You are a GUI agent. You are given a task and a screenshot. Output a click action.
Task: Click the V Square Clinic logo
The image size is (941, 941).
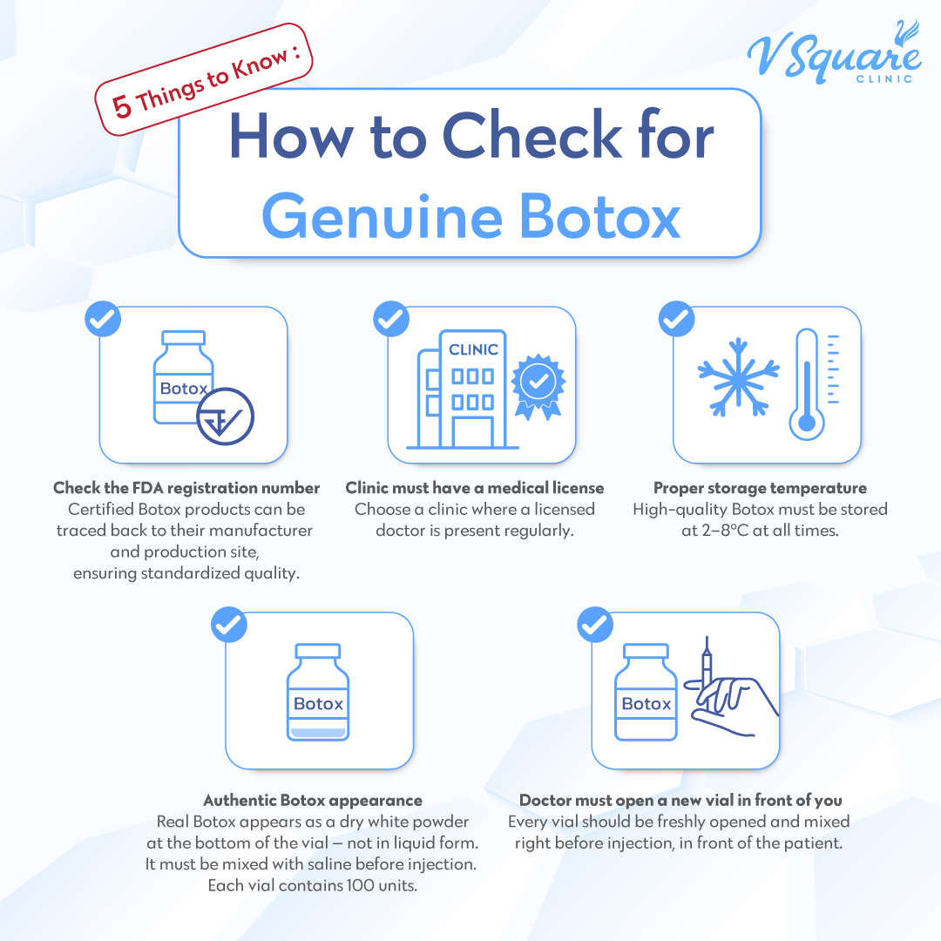[832, 55]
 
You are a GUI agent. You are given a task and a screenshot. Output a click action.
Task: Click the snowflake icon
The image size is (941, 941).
[737, 376]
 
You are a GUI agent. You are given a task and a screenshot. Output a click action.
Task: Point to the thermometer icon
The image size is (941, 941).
[806, 384]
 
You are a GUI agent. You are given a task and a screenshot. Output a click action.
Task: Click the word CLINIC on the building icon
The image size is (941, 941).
[473, 349]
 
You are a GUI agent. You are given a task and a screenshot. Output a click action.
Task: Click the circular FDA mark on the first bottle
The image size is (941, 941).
[226, 416]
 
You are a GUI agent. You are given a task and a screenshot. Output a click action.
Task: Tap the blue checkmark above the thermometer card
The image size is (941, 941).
[676, 319]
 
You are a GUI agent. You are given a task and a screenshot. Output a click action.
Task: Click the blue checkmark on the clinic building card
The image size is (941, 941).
[389, 319]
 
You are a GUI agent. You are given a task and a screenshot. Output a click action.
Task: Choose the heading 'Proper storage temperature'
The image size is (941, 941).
[760, 488]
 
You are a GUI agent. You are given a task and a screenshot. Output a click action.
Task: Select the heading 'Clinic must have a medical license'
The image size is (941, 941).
[474, 488]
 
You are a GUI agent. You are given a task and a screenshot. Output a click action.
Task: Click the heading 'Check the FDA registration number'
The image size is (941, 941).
[186, 488]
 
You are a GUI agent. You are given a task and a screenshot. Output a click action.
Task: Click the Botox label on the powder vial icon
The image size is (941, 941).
[318, 704]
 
